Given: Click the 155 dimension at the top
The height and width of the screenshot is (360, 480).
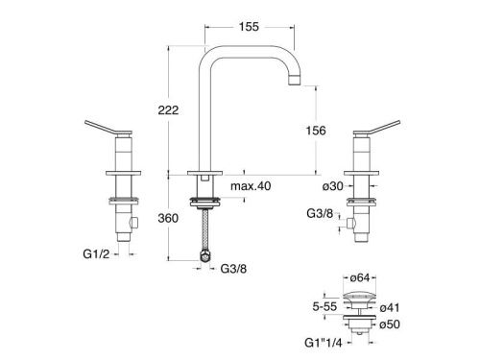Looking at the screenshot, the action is click(x=249, y=27).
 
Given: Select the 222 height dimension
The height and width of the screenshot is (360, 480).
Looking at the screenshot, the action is click(x=168, y=110).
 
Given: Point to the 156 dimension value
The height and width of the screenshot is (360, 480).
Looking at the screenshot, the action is click(x=316, y=131).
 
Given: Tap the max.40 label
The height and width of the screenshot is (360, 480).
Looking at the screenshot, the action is click(x=251, y=186).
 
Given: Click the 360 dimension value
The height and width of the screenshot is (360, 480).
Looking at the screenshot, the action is click(x=168, y=218).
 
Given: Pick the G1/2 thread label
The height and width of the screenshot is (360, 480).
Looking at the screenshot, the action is click(x=96, y=254).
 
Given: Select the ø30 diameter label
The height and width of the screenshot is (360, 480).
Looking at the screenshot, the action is click(x=333, y=186).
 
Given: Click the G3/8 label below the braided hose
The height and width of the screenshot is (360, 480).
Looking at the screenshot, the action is click(x=233, y=269).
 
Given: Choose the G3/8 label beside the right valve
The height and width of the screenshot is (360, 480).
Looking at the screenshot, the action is click(x=320, y=213).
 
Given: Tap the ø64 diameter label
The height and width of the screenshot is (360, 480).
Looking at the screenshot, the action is click(x=360, y=278).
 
